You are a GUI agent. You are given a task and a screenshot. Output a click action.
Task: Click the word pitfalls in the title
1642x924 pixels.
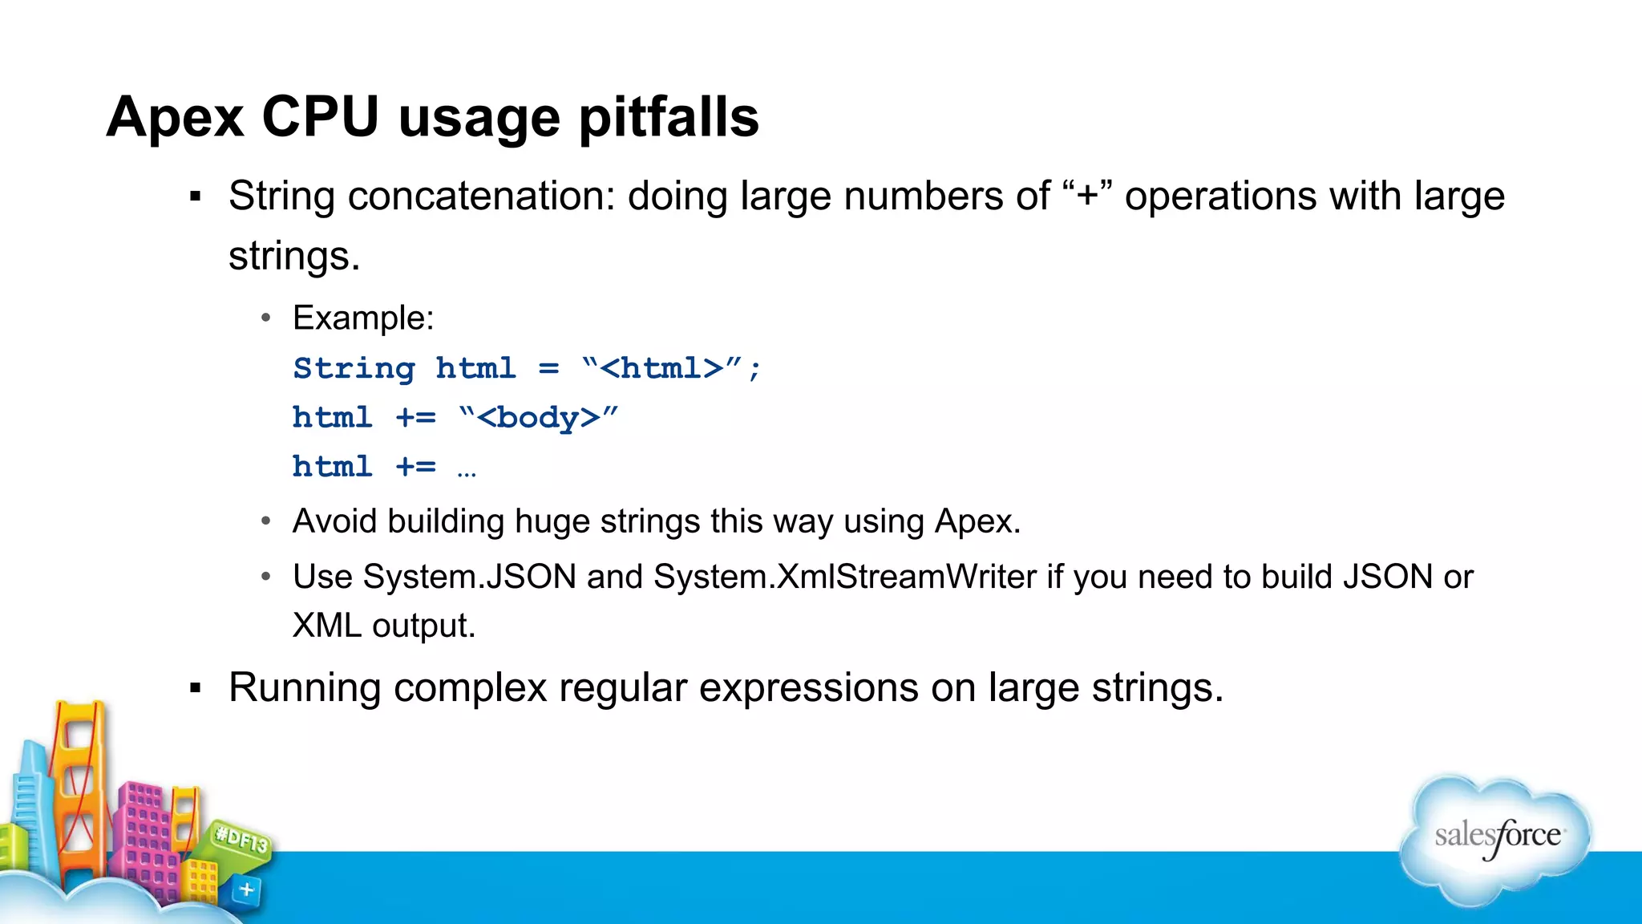(x=668, y=118)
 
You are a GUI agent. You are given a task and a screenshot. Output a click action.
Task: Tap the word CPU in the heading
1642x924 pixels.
(x=320, y=118)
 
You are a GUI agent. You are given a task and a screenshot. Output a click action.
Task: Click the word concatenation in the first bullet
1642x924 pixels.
(x=481, y=197)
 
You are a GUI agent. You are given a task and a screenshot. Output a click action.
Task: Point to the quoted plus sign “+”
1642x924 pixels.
(x=1087, y=197)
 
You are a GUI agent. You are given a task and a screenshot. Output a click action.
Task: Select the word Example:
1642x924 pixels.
(x=363, y=318)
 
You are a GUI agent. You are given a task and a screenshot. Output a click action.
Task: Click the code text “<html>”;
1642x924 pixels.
(x=671, y=368)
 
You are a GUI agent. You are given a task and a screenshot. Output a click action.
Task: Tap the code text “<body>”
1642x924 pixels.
(x=538, y=418)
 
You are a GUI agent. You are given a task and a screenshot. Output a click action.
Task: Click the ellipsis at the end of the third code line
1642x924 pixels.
(x=467, y=472)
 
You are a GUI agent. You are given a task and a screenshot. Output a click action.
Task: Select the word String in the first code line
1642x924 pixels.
(x=354, y=368)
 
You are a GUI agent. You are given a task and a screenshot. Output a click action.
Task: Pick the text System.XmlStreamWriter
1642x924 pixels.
(x=845, y=577)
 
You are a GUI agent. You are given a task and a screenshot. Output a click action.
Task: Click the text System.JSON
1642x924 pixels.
(x=470, y=577)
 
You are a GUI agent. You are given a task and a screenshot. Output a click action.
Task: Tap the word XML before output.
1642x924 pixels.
(x=326, y=626)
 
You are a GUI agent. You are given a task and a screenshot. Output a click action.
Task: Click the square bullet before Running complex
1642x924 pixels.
(x=195, y=688)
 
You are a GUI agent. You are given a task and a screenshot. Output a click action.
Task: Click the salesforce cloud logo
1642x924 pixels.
(x=1496, y=838)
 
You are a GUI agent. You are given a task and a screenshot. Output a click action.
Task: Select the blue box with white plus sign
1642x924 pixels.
(x=246, y=890)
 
